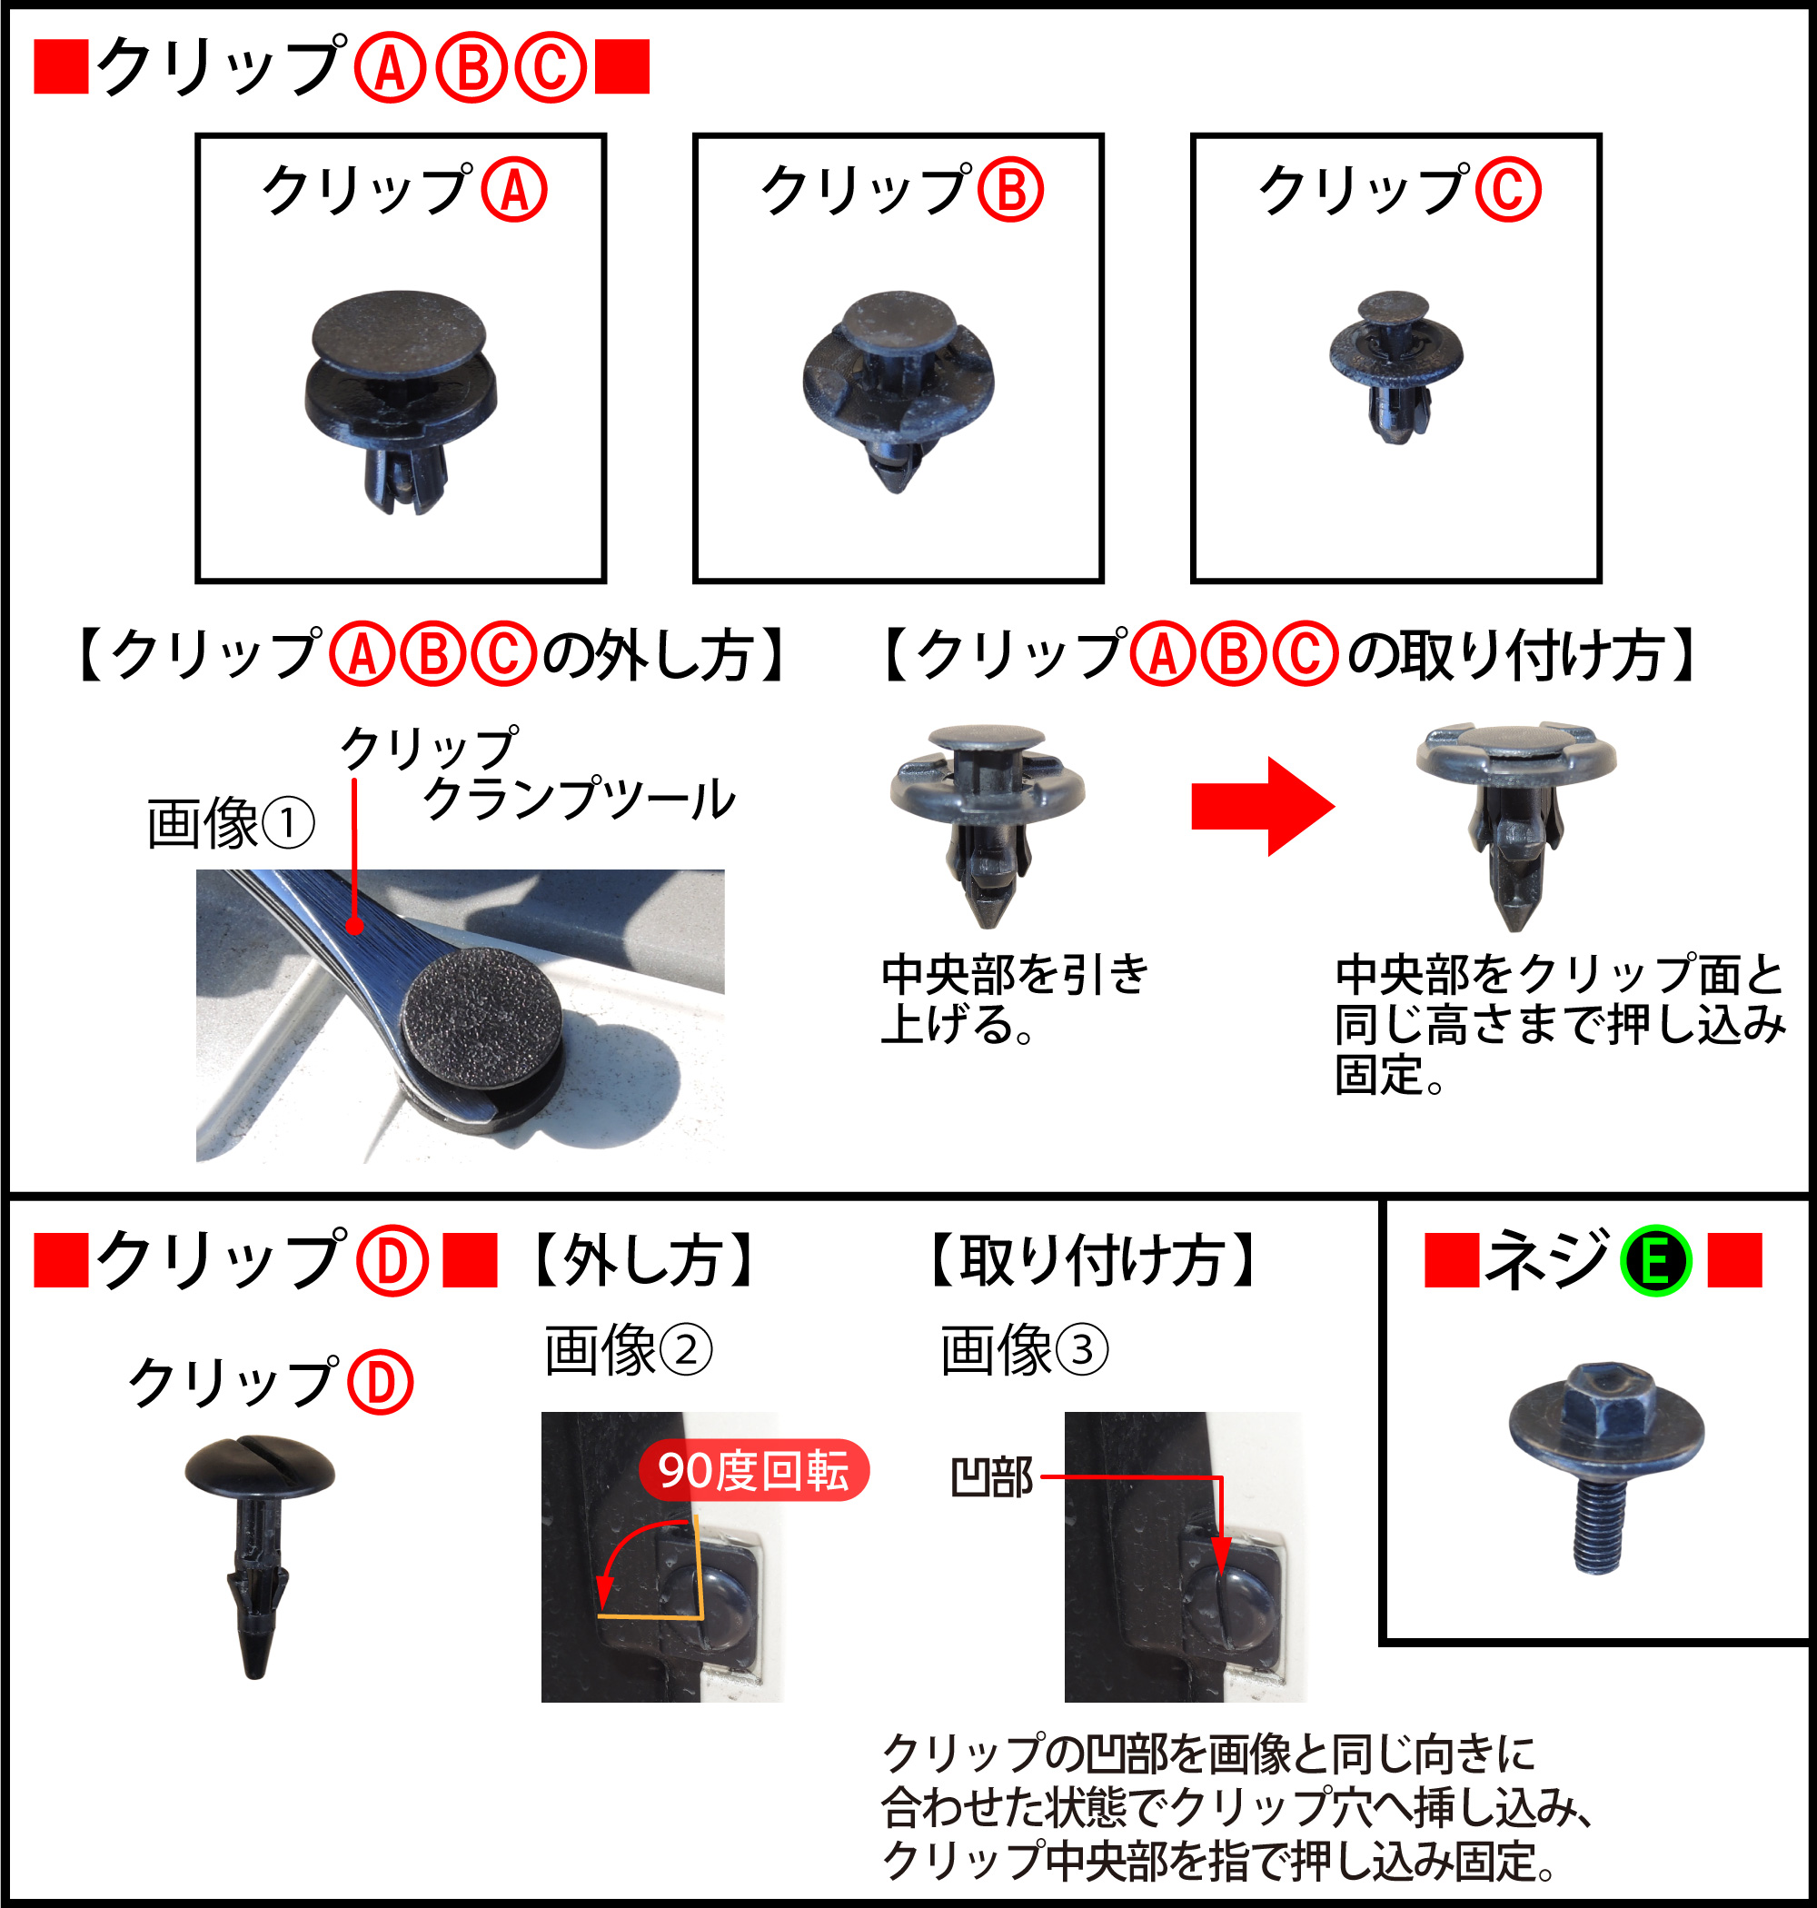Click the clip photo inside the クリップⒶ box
pos(400,402)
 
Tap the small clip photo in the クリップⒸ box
pos(1395,367)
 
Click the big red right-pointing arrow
pos(1263,806)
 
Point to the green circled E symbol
pos(1656,1261)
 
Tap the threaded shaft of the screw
pos(1598,1524)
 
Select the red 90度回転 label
pos(753,1470)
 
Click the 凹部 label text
pos(992,1478)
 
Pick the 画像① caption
pos(231,823)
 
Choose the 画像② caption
pos(628,1350)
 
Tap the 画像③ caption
pos(1024,1350)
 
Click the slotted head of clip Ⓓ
pos(260,1466)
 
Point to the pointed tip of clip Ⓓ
pos(254,1673)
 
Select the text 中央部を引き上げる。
pos(1015,999)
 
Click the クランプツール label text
pos(580,799)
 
